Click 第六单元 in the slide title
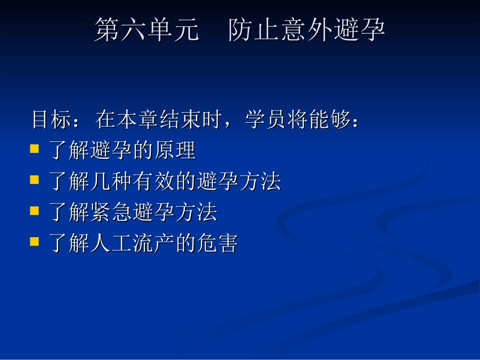click(147, 30)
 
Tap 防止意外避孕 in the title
click(306, 30)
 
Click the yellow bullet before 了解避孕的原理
click(34, 149)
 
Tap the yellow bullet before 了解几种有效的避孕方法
click(34, 180)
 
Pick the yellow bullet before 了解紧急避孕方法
click(34, 211)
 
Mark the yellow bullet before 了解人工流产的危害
click(34, 241)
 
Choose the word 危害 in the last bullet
click(217, 243)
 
